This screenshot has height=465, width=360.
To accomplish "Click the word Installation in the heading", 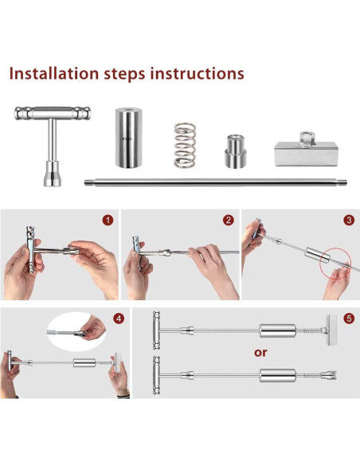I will (59, 74).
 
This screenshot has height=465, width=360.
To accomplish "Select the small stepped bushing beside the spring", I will (234, 150).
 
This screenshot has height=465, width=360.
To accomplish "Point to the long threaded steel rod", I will (215, 182).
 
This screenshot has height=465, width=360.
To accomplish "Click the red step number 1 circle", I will (108, 221).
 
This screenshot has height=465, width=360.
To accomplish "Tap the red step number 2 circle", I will (229, 221).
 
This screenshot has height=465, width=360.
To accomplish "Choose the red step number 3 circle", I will (348, 221).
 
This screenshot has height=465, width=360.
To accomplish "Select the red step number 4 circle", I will (119, 318).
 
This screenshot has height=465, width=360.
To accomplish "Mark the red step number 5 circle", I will (348, 318).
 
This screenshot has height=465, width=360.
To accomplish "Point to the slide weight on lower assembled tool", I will (277, 373).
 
